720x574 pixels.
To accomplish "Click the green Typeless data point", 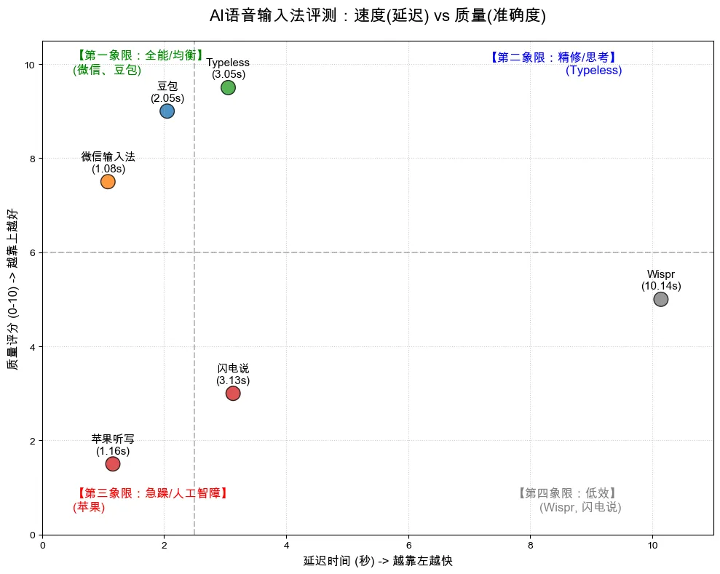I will (x=228, y=87).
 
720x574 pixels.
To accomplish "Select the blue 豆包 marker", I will (x=167, y=111).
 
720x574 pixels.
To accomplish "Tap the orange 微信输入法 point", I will (x=108, y=181).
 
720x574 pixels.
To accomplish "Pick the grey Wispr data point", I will (x=660, y=299).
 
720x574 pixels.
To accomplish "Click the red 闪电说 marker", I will (x=233, y=394).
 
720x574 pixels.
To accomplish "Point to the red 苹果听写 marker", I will (x=113, y=464).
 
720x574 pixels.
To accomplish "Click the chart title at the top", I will (x=377, y=16).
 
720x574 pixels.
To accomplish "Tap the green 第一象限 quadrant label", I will (x=140, y=56).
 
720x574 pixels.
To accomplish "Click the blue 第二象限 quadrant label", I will (x=554, y=57).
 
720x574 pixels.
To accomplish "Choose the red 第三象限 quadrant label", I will (x=152, y=493).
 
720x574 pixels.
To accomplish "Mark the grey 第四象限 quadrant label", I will (x=569, y=493).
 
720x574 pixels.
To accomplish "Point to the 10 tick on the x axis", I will (x=652, y=545).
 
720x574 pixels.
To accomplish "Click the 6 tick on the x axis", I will (x=408, y=545).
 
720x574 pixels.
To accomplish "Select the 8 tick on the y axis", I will (x=31, y=159).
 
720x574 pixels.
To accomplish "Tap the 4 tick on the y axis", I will (x=31, y=347).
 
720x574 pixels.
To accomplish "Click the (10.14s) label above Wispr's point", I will (x=660, y=286).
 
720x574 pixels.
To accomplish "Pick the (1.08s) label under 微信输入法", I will (x=108, y=169).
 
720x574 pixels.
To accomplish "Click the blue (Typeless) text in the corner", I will (x=593, y=71).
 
